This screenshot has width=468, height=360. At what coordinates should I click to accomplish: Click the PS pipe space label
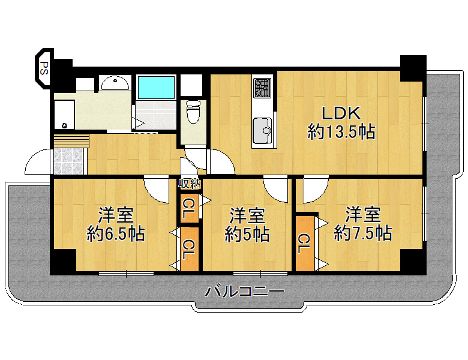44,68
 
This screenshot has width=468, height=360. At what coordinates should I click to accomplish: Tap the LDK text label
341,113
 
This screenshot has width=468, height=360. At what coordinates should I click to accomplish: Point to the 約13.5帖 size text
341,131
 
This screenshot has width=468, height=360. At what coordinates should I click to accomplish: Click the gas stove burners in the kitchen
262,88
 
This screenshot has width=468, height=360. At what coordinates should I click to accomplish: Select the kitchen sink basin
262,130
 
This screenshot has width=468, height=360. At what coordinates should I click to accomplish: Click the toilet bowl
193,112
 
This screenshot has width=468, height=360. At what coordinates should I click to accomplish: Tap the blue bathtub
156,87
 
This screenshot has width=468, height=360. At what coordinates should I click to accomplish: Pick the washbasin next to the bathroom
115,83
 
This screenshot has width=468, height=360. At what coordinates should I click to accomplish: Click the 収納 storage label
190,184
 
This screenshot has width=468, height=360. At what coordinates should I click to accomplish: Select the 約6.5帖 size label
116,234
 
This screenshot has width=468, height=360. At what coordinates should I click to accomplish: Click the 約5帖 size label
247,234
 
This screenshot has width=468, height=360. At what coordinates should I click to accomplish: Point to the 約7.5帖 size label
362,233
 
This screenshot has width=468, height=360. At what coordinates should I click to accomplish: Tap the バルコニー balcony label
244,292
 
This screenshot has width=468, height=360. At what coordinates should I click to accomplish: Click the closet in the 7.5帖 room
305,243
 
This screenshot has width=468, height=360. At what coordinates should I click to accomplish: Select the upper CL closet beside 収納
189,208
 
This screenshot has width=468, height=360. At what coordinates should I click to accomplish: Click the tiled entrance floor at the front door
69,161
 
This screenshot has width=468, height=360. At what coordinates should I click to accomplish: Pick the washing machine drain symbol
64,125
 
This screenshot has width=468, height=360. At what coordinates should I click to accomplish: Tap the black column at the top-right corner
413,68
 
